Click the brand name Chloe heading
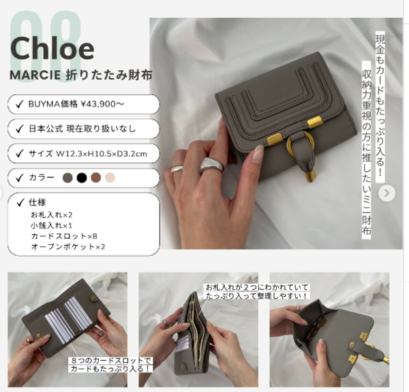pos(52,49)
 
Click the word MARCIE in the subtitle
pos(35,76)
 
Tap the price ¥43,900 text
pos(102,104)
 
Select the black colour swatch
pos(82,178)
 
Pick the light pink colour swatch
pos(110,178)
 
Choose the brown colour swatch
pos(95,178)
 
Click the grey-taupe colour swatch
pos(67,178)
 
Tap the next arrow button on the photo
pos(387,193)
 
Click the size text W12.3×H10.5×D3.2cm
pos(102,154)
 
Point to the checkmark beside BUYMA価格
pos(20,104)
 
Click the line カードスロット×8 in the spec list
pos(64,236)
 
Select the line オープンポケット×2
pos(68,246)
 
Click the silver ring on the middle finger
pos(212,165)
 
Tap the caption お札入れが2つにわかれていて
pos(257,288)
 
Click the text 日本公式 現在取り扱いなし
pos(82,129)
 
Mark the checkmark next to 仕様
pos(20,202)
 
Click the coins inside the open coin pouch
pos(318,329)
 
